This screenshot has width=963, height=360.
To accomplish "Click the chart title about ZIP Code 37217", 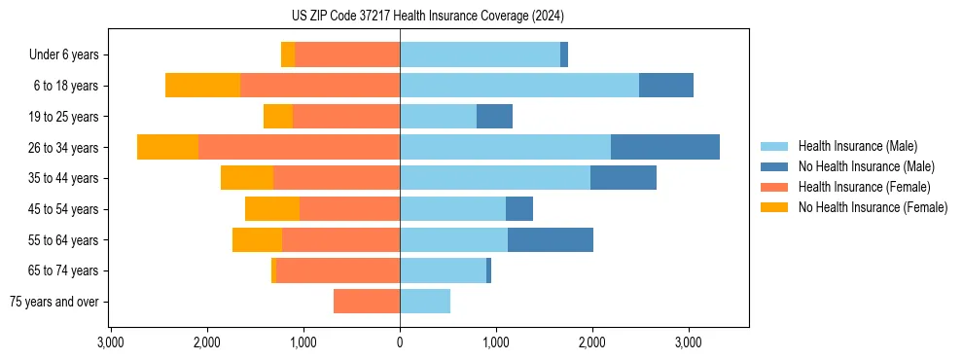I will (427, 17).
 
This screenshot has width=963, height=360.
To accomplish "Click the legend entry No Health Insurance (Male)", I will (866, 166).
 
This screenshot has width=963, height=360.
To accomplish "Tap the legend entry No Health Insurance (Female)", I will (873, 207).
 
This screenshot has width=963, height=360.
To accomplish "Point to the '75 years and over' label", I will (53, 302).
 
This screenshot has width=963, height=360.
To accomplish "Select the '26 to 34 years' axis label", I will (65, 148).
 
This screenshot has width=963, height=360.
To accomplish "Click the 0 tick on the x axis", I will (400, 342).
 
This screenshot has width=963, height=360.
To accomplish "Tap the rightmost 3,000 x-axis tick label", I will (689, 342).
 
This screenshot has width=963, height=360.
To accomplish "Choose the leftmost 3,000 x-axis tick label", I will (111, 342).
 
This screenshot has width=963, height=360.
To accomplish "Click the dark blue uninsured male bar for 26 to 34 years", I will (665, 147).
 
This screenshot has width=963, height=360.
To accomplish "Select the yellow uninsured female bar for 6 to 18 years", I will (202, 86).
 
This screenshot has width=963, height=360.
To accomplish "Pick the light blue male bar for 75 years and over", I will (425, 302).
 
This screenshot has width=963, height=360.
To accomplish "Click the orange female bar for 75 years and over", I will (367, 302).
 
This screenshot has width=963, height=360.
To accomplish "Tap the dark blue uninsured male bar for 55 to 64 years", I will (551, 240).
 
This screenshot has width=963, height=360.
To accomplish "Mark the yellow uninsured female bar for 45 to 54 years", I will (272, 209).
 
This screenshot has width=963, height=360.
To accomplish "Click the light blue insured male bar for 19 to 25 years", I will (438, 117).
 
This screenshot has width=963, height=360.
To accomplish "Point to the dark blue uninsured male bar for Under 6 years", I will (564, 55).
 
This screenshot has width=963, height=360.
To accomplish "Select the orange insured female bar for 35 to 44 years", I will (337, 178).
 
